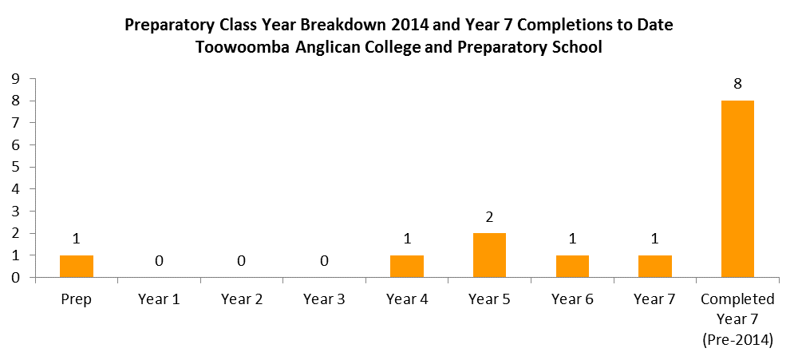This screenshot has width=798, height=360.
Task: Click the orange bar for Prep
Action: (77, 267)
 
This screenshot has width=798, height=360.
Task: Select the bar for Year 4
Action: (407, 267)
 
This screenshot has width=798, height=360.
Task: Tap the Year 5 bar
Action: (490, 255)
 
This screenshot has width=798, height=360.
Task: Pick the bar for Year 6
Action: (572, 267)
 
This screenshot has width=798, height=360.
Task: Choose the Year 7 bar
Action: (655, 267)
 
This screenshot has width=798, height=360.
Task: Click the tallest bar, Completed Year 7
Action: (738, 189)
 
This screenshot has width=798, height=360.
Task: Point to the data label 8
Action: (737, 84)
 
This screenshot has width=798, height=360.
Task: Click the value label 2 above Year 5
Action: (490, 217)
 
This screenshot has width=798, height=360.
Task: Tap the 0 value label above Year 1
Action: (160, 261)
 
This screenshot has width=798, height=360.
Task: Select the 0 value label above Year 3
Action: (325, 261)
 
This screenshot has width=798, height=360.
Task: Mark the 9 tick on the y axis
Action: (16, 79)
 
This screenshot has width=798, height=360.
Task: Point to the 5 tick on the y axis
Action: (16, 167)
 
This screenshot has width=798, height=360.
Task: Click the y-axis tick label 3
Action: (16, 212)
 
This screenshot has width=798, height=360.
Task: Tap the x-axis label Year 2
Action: (242, 299)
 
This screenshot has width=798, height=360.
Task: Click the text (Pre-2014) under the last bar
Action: (737, 340)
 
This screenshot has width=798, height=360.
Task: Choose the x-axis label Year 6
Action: (572, 299)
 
